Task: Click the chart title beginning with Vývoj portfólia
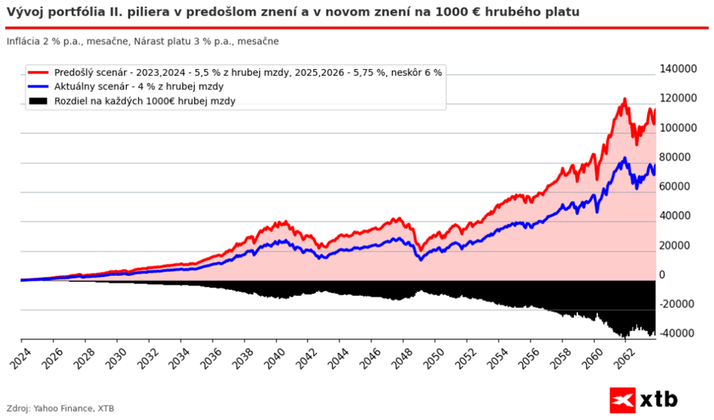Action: [293, 13]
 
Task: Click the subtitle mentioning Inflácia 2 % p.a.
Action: [143, 42]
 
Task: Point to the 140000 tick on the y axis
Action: [678, 69]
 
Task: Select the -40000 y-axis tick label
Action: [677, 334]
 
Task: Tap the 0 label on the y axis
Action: [662, 275]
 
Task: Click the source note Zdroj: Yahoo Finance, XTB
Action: [60, 408]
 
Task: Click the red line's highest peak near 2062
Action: [625, 100]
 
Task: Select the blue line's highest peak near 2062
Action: [625, 159]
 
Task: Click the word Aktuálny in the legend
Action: [75, 86]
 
